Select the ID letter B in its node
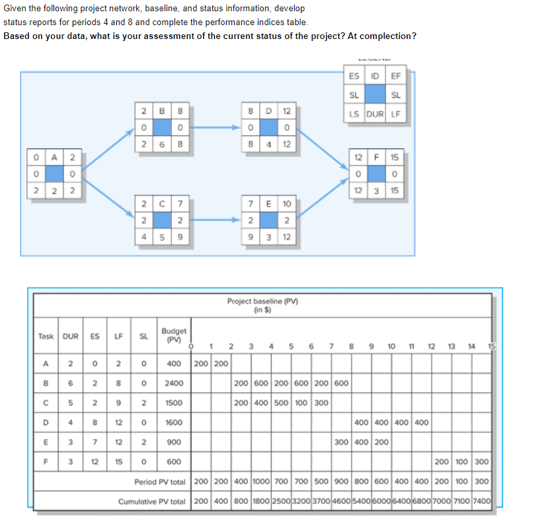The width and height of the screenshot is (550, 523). tap(162, 110)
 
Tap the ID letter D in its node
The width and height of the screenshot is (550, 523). tap(268, 110)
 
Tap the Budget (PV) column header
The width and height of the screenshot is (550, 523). tap(173, 335)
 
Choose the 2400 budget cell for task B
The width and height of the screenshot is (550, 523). tap(173, 383)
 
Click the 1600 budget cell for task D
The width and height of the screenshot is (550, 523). tap(173, 422)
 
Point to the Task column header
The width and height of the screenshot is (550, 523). tap(46, 337)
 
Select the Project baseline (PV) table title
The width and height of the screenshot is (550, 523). tap(262, 305)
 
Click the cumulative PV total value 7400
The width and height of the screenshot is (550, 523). tap(482, 501)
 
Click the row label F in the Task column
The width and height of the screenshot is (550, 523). tap(46, 462)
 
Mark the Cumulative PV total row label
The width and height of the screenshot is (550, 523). tap(152, 501)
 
